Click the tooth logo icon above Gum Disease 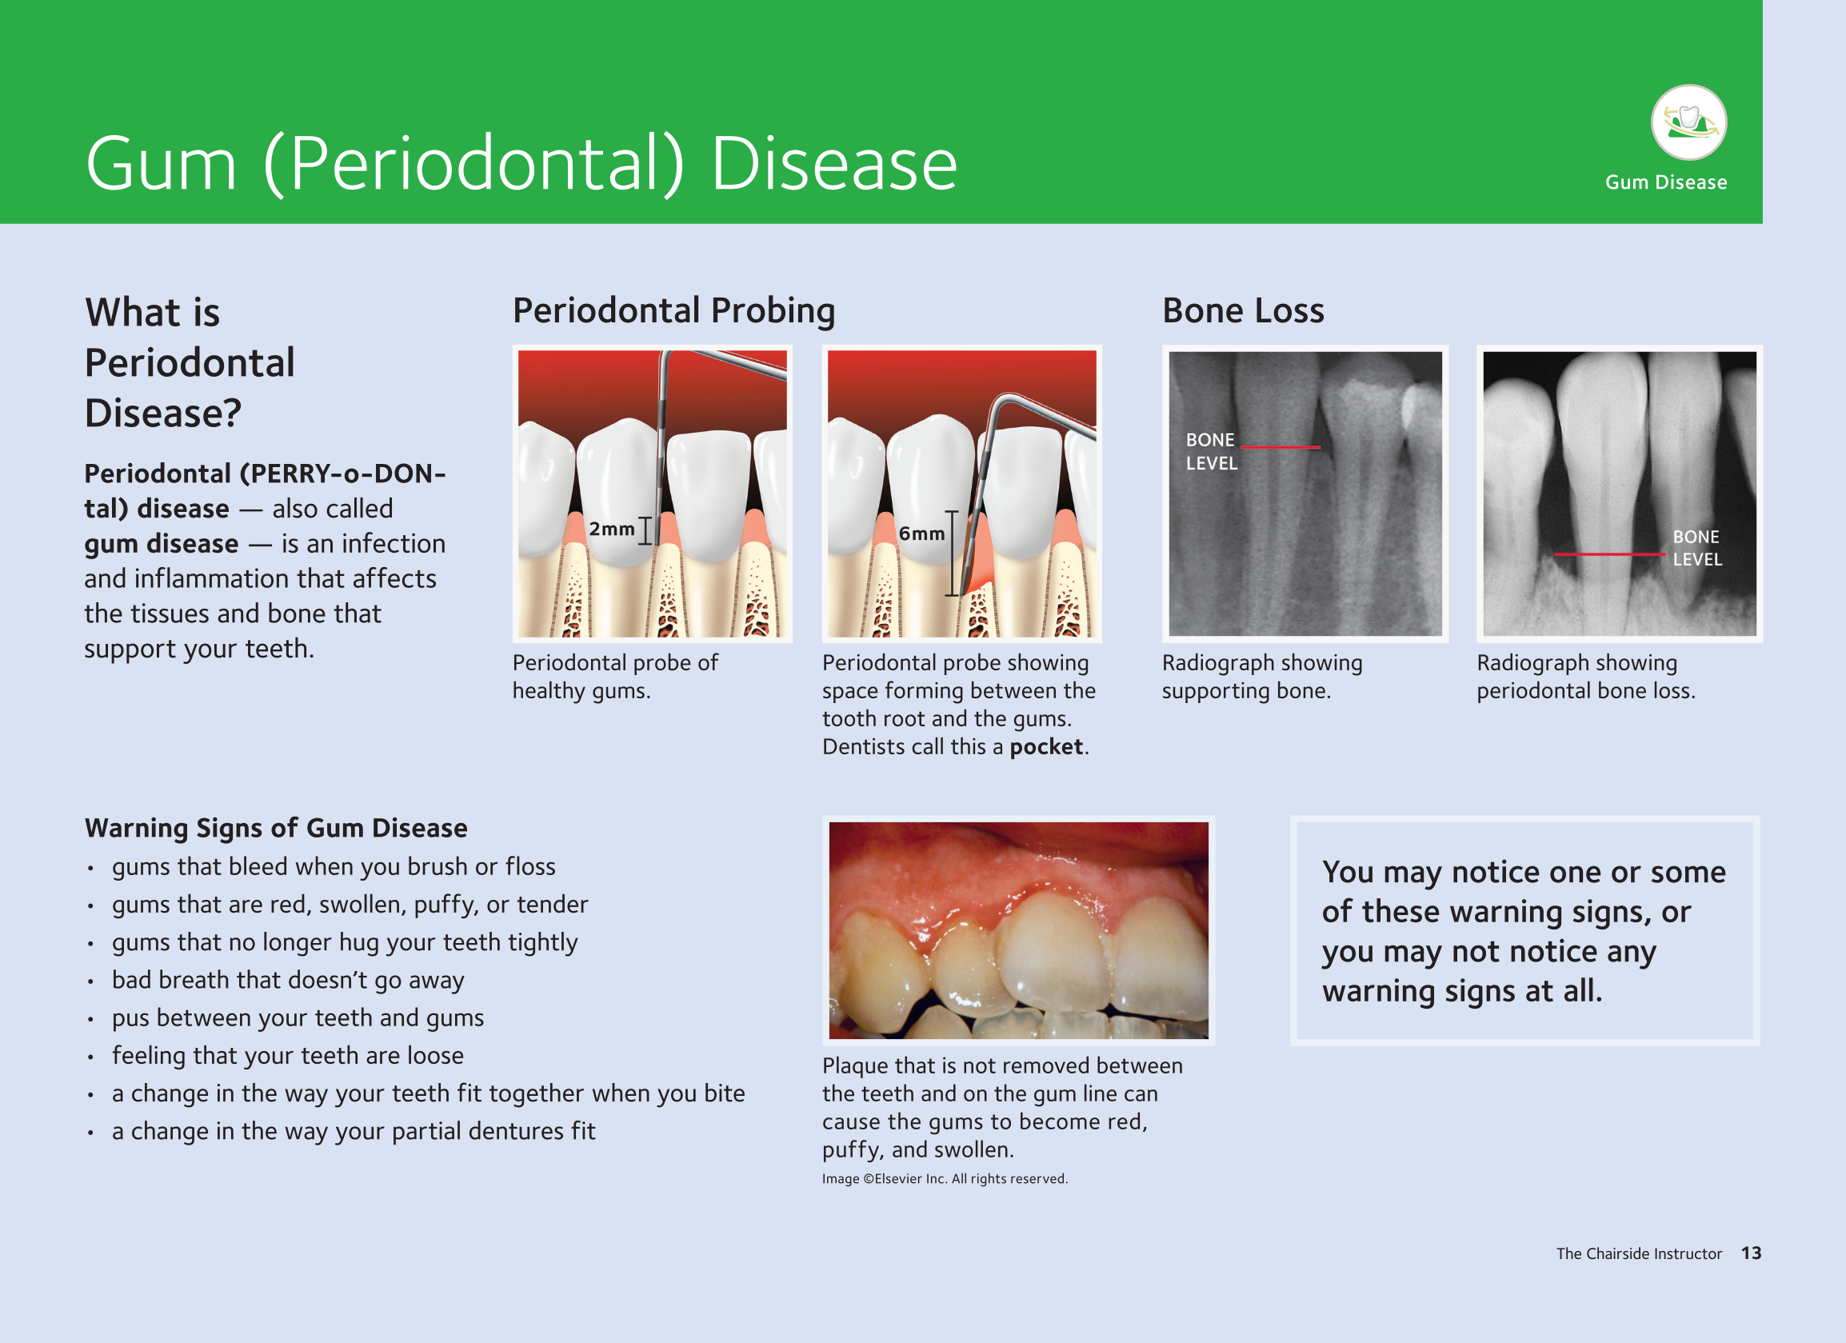coord(1688,122)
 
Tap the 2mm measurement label coord(611,529)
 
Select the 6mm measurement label coord(921,534)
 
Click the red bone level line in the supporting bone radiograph coord(1281,447)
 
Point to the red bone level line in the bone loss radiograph coord(1610,554)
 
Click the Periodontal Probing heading coord(674,311)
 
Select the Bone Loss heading coord(1243,311)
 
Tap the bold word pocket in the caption coord(1046,747)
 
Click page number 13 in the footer coord(1751,1253)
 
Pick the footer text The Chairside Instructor coord(1639,1253)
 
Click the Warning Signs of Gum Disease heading coord(276,828)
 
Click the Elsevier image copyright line coord(944,1178)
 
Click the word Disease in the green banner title coord(834,165)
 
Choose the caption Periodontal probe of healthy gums coord(615,677)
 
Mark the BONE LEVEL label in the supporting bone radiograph coord(1211,452)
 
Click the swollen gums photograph coord(1018,930)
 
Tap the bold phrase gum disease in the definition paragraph coord(161,544)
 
